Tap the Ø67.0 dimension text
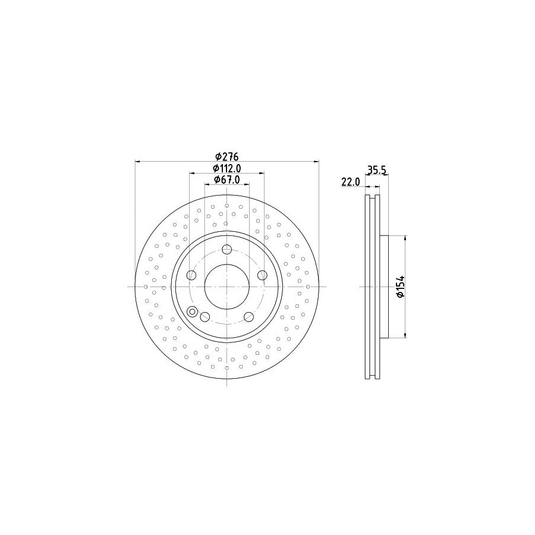coord(226,180)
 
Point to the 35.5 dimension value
coord(377,170)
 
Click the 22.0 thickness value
coord(351,182)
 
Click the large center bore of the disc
coord(226,286)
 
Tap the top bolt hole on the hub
coord(226,250)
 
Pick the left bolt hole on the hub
coord(191,275)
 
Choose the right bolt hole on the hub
coord(262,275)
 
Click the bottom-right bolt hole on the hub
coord(248,316)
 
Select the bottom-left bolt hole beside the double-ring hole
coord(204,316)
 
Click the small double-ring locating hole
coord(193,311)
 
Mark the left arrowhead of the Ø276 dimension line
coord(138,161)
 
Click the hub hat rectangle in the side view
coord(383,287)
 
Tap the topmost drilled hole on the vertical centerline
coord(226,205)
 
